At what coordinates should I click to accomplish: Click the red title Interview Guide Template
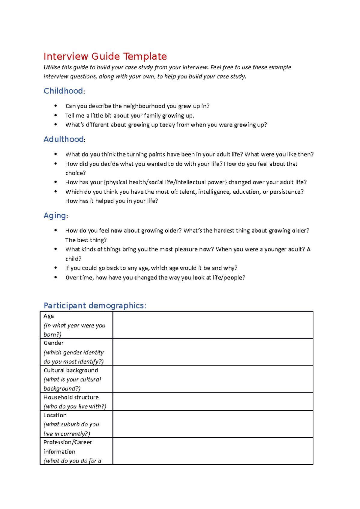pos(105,56)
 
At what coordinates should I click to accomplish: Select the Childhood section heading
pos(63,91)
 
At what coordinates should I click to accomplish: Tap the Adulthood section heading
pos(64,139)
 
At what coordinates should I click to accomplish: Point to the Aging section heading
pos(55,216)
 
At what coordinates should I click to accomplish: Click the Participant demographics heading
pos(94,305)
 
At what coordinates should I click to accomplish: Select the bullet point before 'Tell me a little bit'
pos(55,115)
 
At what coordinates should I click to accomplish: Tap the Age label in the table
pos(49,316)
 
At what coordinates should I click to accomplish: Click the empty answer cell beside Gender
pos(213,352)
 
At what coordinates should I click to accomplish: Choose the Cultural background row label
pos(70,370)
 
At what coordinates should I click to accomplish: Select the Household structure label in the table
pos(71,397)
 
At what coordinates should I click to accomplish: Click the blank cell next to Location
pos(213,424)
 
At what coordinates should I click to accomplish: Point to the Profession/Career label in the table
pos(67,442)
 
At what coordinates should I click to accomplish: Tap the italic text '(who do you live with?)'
pos(75,406)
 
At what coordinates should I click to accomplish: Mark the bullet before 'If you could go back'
pos(55,268)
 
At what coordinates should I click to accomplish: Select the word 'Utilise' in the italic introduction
pos(52,67)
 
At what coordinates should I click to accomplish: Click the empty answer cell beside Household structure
pos(213,402)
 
